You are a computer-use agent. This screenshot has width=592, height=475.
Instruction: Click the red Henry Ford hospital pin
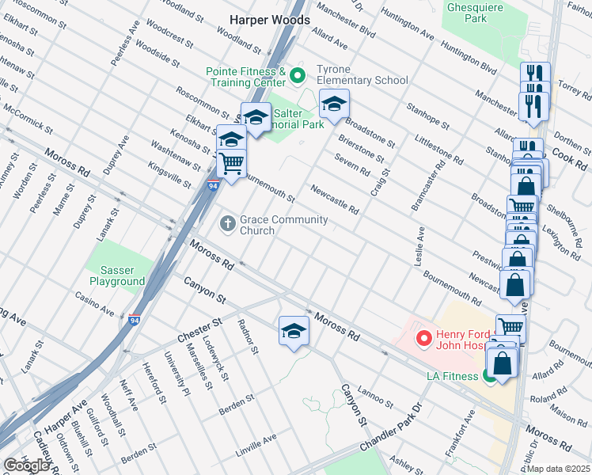click(x=423, y=340)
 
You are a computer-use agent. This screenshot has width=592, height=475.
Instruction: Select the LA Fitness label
click(x=452, y=375)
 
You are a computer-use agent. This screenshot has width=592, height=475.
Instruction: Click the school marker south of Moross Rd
click(x=294, y=331)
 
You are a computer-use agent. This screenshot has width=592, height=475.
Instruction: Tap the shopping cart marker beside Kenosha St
click(x=232, y=164)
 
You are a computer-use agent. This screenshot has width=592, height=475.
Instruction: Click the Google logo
click(x=27, y=465)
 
